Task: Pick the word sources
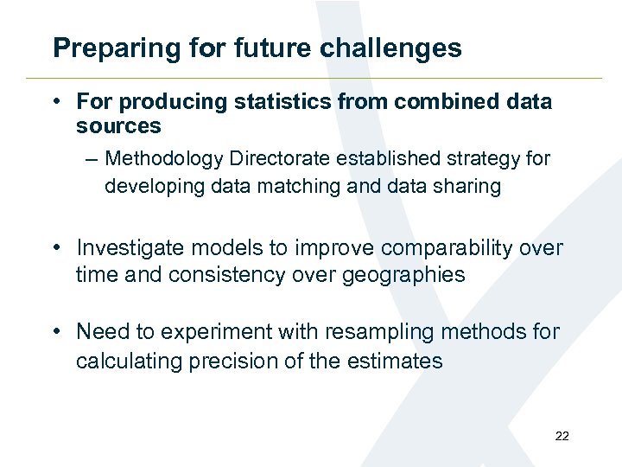click(118, 126)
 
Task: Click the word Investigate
click(130, 249)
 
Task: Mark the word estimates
click(395, 360)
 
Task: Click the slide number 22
click(562, 436)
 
